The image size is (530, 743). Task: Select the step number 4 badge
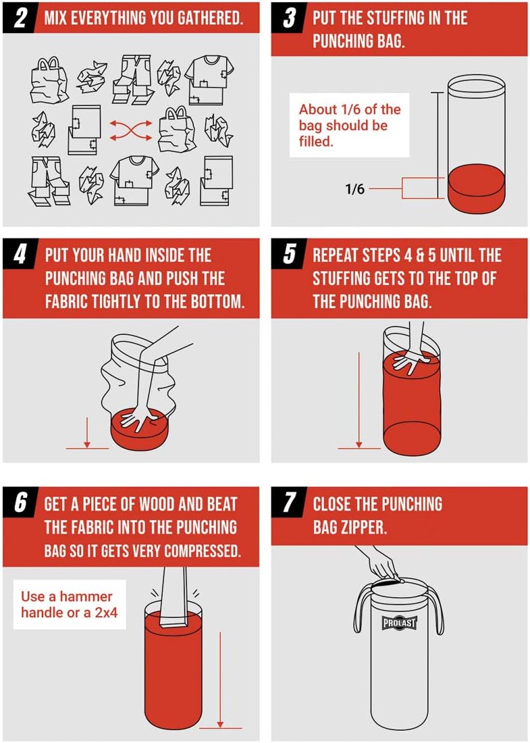pyautogui.click(x=21, y=256)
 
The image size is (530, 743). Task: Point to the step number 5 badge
pyautogui.click(x=290, y=256)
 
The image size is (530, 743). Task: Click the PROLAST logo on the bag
pyautogui.click(x=400, y=623)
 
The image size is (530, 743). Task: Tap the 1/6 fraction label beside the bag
pyautogui.click(x=354, y=189)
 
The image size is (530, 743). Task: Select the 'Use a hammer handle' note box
pyautogui.click(x=69, y=605)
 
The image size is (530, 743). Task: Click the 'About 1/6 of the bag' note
pyautogui.click(x=349, y=126)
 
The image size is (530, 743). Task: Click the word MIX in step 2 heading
pyautogui.click(x=57, y=18)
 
